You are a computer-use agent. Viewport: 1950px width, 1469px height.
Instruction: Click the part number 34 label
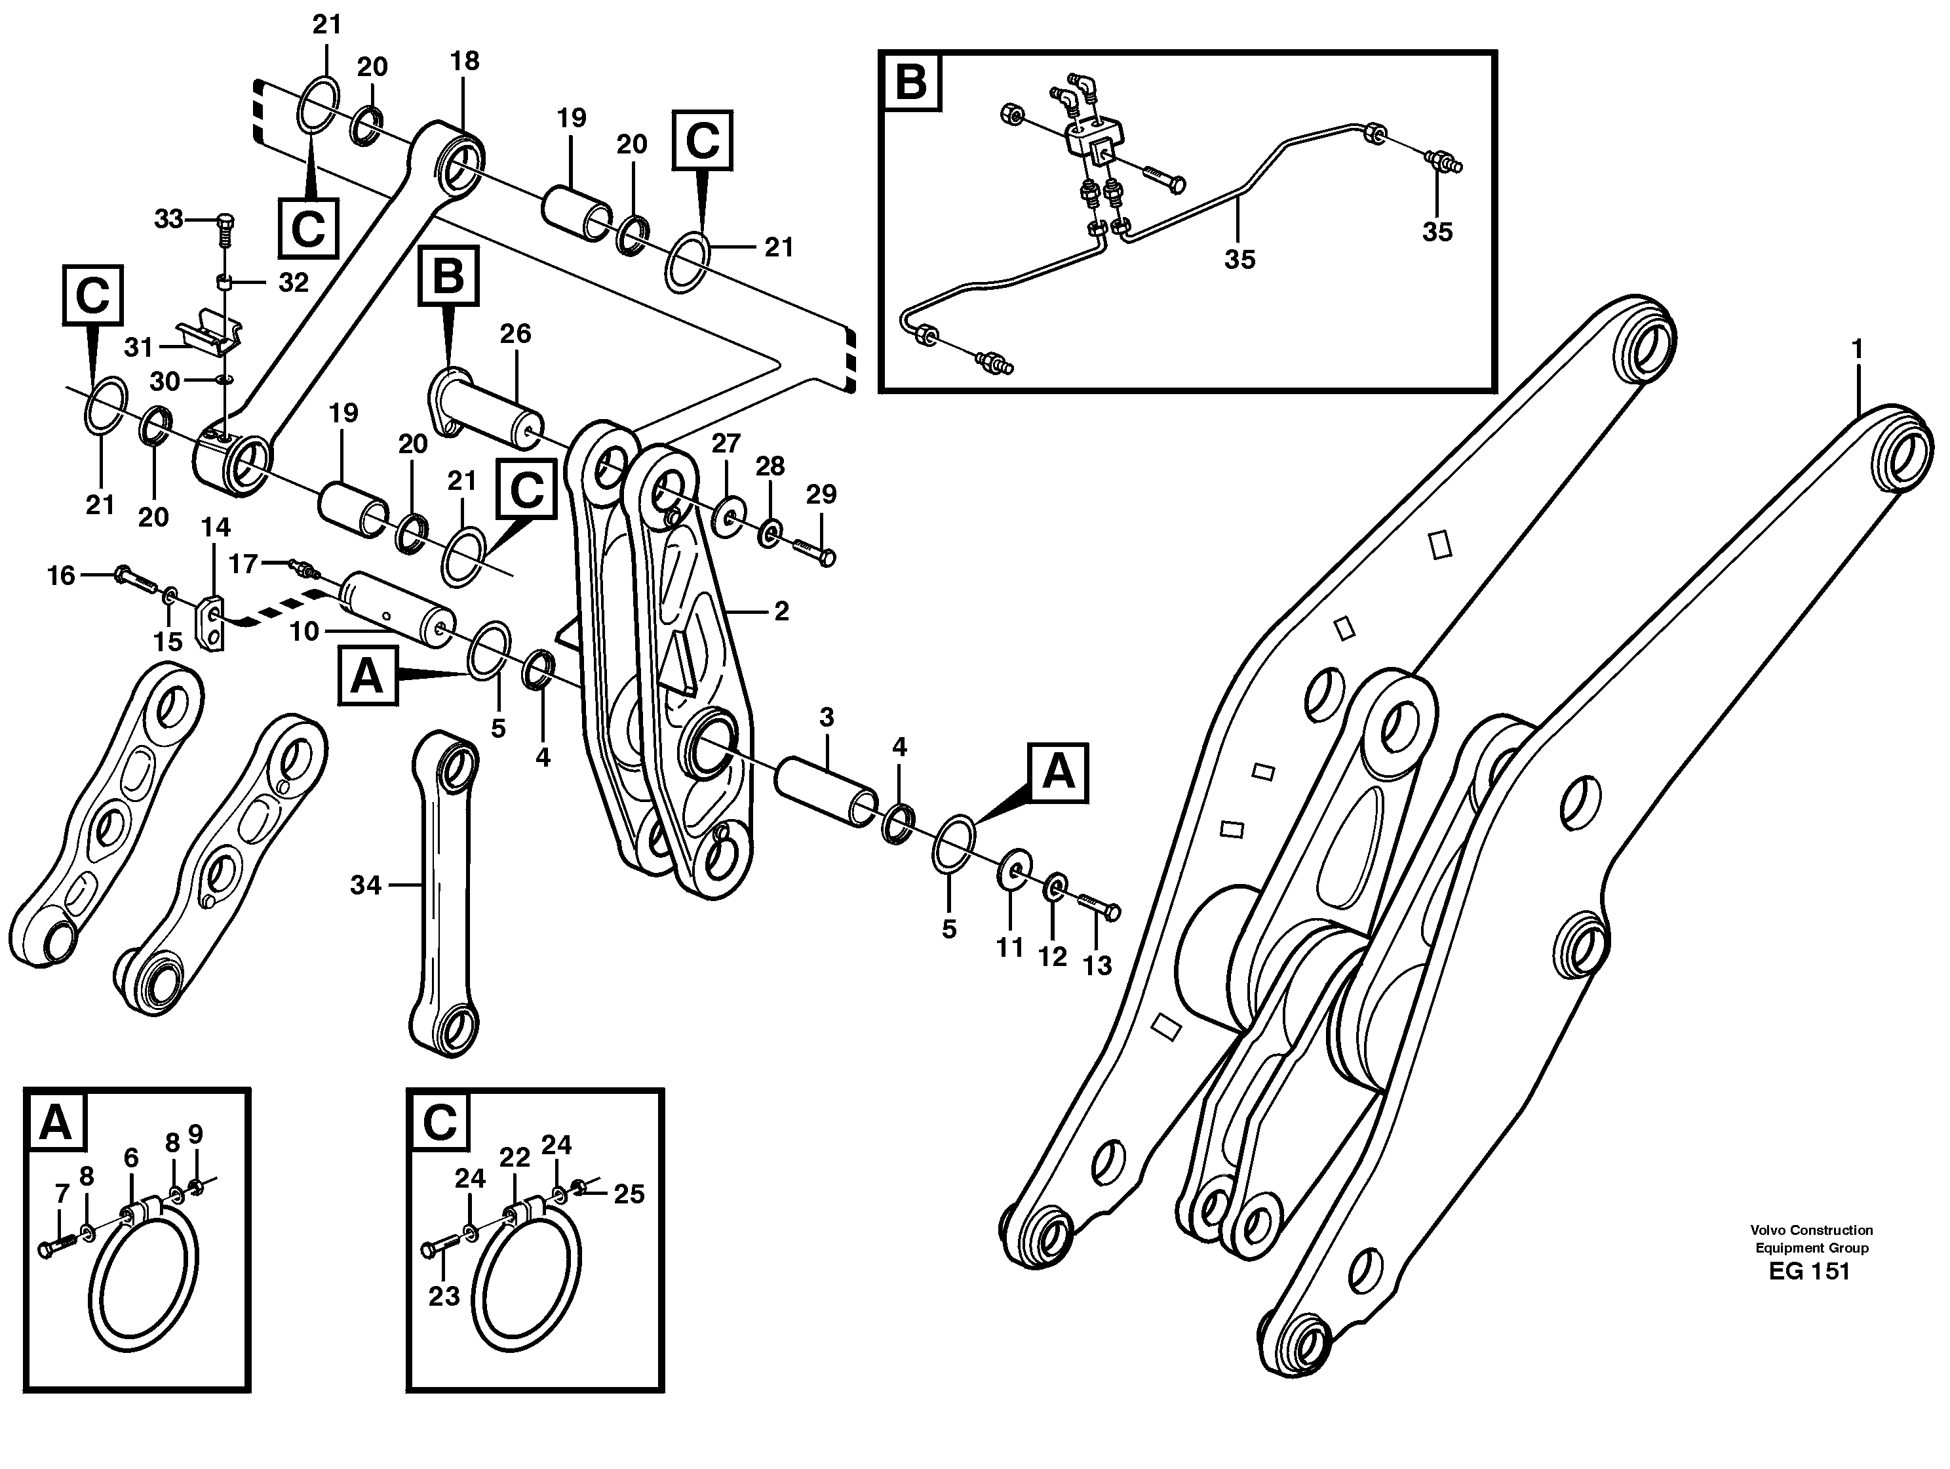pyautogui.click(x=365, y=885)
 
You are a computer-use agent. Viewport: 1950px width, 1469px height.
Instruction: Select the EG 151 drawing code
pyautogui.click(x=1809, y=1272)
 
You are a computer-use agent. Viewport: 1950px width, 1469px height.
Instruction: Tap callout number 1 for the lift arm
pyautogui.click(x=1856, y=350)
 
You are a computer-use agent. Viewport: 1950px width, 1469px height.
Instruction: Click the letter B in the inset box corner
pyautogui.click(x=910, y=82)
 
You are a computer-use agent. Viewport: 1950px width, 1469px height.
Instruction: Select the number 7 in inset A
pyautogui.click(x=62, y=1194)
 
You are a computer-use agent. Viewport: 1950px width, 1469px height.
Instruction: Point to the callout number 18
pyautogui.click(x=465, y=61)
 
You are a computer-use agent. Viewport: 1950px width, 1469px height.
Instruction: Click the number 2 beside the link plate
pyautogui.click(x=781, y=611)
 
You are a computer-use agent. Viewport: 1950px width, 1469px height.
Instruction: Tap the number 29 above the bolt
pyautogui.click(x=821, y=494)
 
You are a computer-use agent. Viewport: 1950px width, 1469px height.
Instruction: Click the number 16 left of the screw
pyautogui.click(x=61, y=576)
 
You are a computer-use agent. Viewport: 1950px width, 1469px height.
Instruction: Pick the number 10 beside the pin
pyautogui.click(x=304, y=632)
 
